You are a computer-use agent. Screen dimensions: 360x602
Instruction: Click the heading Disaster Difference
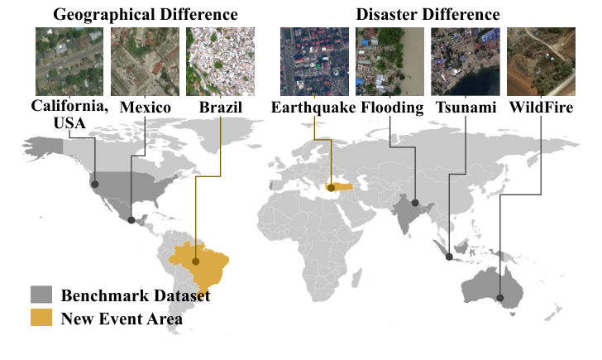pos(428,14)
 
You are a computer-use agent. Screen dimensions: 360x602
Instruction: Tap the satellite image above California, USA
pos(69,61)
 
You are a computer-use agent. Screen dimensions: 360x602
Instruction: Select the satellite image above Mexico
pos(144,61)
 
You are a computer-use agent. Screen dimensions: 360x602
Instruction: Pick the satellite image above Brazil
pos(221,61)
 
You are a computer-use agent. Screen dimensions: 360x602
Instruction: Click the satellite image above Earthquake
pos(314,61)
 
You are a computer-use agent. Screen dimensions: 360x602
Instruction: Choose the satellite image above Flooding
pos(389,61)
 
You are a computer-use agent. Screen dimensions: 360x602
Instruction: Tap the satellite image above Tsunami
pos(465,61)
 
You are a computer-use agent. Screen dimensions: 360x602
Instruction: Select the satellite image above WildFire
pos(540,61)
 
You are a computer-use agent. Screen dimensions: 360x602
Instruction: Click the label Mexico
pos(145,108)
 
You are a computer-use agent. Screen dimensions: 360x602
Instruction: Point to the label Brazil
pos(221,108)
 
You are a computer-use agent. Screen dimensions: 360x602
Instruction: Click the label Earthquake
pos(314,108)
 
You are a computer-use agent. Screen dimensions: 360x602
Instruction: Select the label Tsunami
pos(465,108)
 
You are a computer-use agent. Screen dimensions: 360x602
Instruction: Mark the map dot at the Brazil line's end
pos(196,262)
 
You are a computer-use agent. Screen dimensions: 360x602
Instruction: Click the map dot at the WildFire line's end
pos(499,298)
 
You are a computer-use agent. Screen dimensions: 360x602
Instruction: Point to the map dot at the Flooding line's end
pos(415,203)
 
